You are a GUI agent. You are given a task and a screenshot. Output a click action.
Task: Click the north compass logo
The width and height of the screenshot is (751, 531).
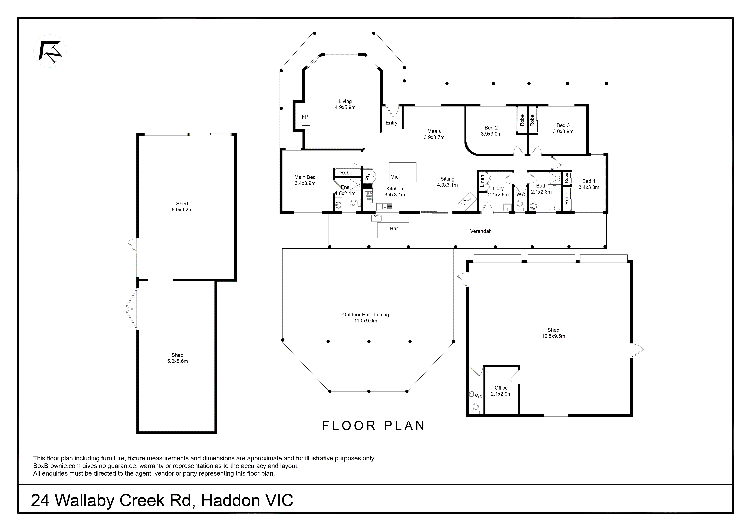point(50,51)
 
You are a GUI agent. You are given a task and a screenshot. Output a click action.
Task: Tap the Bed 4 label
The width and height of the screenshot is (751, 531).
point(589,184)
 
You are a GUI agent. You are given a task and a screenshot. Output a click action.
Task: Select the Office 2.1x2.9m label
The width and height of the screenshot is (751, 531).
point(501,391)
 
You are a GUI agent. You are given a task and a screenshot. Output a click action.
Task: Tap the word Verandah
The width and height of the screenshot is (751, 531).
point(480,231)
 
